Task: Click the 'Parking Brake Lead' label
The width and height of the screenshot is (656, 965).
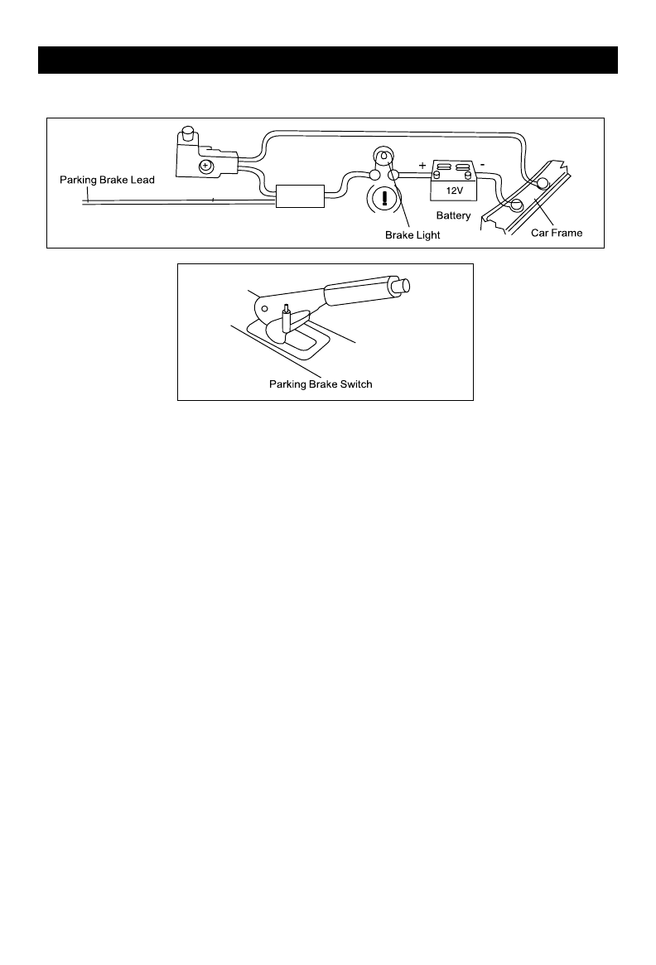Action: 107,180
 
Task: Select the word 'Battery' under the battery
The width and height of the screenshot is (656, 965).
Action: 453,215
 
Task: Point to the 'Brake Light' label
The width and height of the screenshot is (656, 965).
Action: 412,235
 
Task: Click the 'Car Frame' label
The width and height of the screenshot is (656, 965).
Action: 557,233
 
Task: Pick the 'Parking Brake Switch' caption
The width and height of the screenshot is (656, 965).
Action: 321,384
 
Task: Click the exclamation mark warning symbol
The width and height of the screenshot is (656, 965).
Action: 383,200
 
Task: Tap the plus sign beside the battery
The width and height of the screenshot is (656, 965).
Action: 422,166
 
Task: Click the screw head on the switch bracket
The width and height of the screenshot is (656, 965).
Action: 205,166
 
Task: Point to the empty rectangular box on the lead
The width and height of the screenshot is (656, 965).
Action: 299,197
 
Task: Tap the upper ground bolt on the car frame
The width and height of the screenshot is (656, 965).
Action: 543,183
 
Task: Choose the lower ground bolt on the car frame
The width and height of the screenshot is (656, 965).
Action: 515,205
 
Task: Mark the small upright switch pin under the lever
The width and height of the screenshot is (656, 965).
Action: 287,316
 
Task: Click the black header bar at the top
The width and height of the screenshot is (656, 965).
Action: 328,60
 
